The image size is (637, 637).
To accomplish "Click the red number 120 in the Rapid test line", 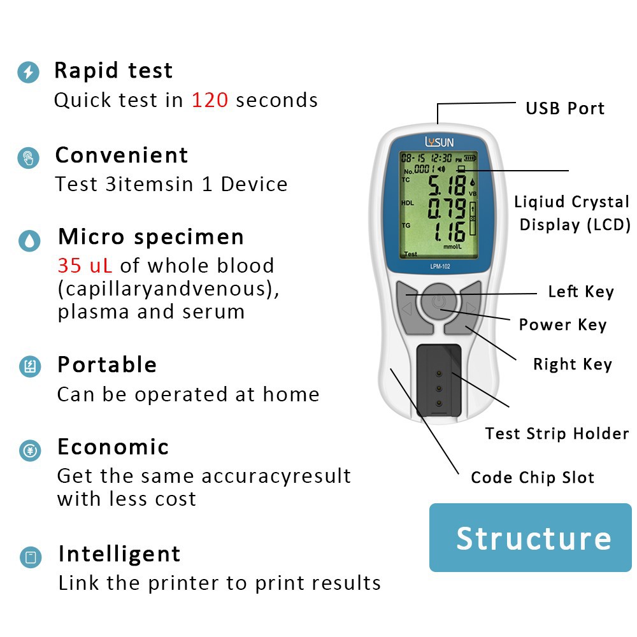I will click(210, 100).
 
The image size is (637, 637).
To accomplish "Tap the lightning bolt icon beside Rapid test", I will click(28, 72).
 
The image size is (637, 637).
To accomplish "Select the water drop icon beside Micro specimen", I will click(29, 240).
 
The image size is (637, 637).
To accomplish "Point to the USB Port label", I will click(564, 108).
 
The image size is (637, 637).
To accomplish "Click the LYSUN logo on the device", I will click(440, 141).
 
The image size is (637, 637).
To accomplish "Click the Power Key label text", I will click(562, 325).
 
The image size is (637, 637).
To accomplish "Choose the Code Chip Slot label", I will click(533, 478).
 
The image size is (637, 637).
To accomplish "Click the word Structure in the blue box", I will click(533, 538).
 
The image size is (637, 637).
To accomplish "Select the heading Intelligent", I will click(119, 554).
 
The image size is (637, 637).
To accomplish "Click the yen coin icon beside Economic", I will click(30, 450).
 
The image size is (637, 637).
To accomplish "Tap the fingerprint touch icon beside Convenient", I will click(28, 157).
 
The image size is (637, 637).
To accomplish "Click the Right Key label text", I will click(572, 364).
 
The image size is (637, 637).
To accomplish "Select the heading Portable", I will click(107, 365).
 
